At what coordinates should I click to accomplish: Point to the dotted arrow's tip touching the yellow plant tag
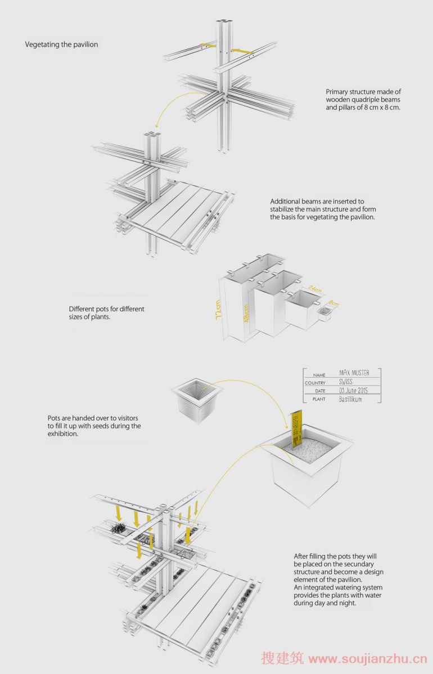click(x=287, y=429)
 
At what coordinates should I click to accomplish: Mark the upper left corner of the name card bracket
click(x=304, y=368)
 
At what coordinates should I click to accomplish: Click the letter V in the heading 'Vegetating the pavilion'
click(x=28, y=44)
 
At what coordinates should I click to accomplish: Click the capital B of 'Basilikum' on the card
click(x=341, y=399)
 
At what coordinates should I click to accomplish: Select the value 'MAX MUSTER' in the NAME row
click(x=354, y=373)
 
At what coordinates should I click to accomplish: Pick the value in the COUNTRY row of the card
click(x=346, y=382)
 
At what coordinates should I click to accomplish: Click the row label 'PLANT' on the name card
click(x=319, y=399)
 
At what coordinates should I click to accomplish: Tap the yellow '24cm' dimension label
click(x=315, y=289)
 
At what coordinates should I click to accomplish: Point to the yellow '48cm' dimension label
click(x=246, y=313)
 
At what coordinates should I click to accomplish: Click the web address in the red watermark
click(x=368, y=659)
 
